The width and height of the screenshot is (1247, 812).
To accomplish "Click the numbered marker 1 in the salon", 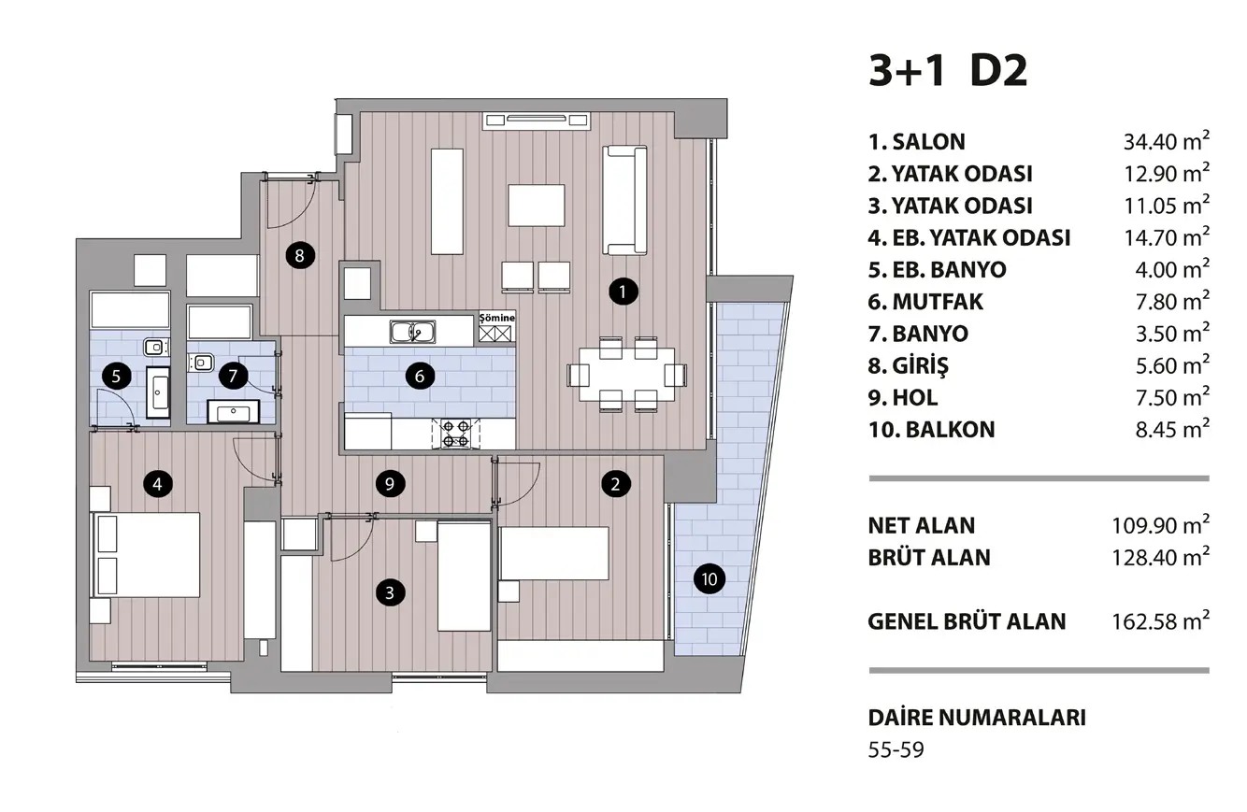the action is (x=623, y=292).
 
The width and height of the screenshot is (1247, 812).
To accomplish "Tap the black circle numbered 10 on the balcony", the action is (x=709, y=579).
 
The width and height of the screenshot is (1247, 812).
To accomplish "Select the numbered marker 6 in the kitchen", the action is (x=419, y=377).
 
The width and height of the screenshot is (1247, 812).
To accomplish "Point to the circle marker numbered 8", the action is (x=300, y=255).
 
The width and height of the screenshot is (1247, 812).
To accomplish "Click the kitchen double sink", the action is (x=412, y=333).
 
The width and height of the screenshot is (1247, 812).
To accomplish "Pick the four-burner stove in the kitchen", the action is (x=455, y=434).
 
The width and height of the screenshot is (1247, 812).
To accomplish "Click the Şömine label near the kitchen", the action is (x=497, y=318).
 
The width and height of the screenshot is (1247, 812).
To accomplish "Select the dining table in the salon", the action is (x=627, y=374).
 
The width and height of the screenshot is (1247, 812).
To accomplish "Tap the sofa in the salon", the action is (x=624, y=200).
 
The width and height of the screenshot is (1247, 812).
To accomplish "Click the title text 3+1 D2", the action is (x=948, y=72).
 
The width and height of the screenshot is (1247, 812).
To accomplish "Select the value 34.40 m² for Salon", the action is (x=1167, y=141).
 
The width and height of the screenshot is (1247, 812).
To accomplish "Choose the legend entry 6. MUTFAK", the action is (x=925, y=302).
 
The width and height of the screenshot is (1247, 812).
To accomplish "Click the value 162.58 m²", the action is (x=1160, y=621).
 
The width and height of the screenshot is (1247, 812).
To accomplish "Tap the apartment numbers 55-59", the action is (x=896, y=749).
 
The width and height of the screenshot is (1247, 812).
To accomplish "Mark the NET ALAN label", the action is (x=922, y=525).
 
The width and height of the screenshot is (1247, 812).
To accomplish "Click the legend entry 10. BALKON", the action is (x=931, y=430).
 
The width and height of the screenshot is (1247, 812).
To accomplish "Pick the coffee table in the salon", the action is (x=537, y=206).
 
